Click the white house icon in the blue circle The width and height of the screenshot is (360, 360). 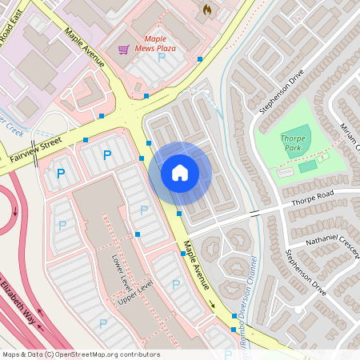tap(180, 172)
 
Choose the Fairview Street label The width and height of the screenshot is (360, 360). tap(35, 150)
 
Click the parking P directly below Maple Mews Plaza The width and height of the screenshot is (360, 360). tap(161, 58)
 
